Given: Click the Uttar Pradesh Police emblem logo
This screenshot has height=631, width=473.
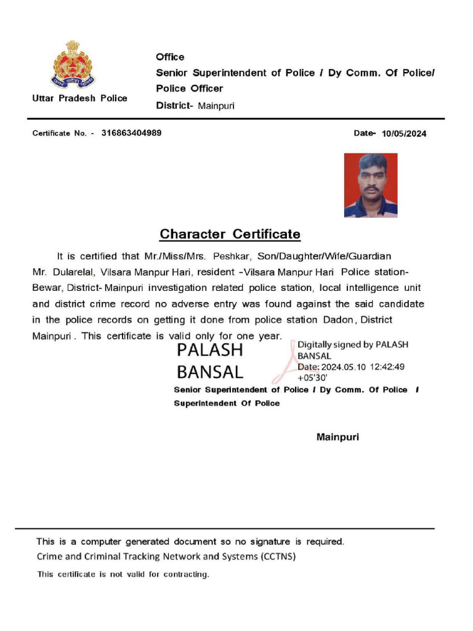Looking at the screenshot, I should [73, 65].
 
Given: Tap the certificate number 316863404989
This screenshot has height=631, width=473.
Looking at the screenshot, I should [132, 132].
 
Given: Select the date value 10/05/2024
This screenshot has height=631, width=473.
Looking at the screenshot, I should [404, 134].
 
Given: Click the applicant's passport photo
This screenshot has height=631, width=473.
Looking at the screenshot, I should [371, 185].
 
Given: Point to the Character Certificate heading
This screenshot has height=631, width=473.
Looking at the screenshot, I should [230, 234].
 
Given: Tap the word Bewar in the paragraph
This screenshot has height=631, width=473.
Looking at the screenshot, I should [47, 288].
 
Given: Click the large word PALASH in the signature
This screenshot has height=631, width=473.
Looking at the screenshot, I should [210, 350].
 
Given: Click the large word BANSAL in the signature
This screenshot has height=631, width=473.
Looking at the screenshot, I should [210, 372].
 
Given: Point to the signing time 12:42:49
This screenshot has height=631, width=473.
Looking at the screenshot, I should [387, 367].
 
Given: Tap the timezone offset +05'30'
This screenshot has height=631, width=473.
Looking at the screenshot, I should [312, 378].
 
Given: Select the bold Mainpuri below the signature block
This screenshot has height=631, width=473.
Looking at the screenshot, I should [338, 438].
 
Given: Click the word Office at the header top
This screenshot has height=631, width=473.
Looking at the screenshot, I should [170, 57].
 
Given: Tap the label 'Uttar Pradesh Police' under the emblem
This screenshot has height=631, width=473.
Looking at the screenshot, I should [80, 98].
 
